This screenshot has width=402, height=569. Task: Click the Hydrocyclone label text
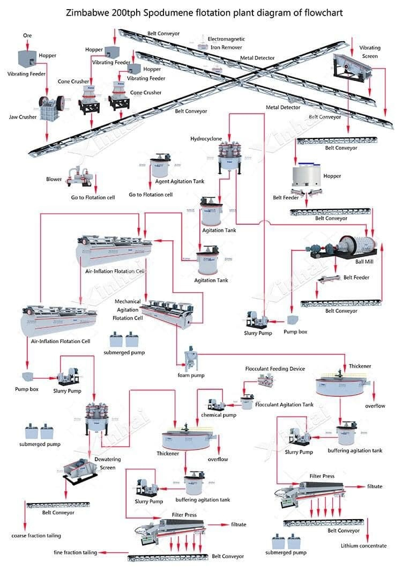pyautogui.click(x=206, y=139)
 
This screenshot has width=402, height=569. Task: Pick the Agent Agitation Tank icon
pyautogui.click(x=159, y=167)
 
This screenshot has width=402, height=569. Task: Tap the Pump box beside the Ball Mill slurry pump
pyautogui.click(x=293, y=320)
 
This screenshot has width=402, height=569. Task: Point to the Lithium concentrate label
pyautogui.click(x=363, y=545)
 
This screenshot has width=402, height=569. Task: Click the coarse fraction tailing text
pyautogui.click(x=36, y=535)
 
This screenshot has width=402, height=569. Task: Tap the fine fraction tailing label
pyautogui.click(x=75, y=552)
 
